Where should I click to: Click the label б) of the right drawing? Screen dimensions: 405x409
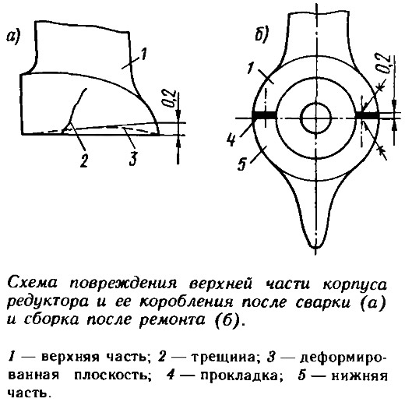point(262,34)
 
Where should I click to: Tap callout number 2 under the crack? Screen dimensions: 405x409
point(83,159)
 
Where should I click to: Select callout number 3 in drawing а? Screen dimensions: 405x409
point(132,158)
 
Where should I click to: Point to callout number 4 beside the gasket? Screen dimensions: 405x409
point(231,140)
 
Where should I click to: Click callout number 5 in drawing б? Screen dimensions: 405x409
point(241,164)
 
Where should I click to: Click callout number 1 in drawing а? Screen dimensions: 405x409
point(143,55)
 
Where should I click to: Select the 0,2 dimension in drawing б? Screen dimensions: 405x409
point(383,63)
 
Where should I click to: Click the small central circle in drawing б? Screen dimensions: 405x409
point(315,118)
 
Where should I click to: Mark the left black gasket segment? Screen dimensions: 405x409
point(264,115)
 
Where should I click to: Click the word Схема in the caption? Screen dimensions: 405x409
point(32,284)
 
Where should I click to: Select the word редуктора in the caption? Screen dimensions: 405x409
point(48,303)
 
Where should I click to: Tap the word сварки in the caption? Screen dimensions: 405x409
point(323,303)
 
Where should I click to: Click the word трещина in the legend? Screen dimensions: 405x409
point(224,358)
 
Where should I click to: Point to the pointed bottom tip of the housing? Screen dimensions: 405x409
point(316,247)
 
